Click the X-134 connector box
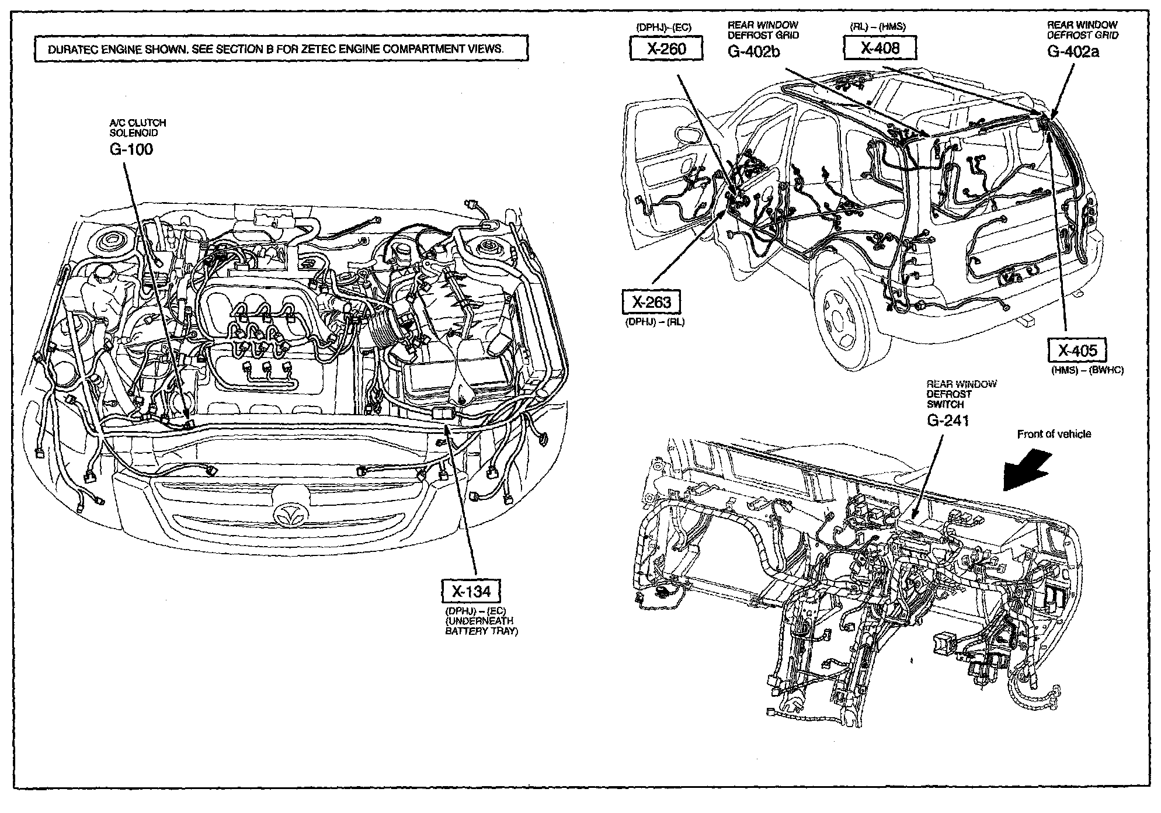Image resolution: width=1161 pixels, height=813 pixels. tap(472, 592)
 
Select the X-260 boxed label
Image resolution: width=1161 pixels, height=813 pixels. tap(666, 48)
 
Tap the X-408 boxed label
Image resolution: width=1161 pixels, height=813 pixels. tap(880, 48)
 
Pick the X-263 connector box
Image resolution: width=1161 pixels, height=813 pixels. tap(652, 302)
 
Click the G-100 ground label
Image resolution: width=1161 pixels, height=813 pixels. tap(131, 150)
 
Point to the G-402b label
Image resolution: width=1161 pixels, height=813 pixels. tap(753, 52)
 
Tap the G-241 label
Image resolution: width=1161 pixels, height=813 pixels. tap(948, 420)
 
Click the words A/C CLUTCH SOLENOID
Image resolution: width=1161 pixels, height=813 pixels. tap(138, 128)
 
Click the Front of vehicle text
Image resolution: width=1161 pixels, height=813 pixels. tap(1054, 434)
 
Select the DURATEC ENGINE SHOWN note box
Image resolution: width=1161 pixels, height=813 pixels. tap(281, 49)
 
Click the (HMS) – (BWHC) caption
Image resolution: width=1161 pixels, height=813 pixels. tap(1087, 370)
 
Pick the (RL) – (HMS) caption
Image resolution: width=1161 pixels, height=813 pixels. tap(878, 27)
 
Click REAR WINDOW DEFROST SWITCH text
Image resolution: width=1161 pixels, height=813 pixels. tap(961, 394)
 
